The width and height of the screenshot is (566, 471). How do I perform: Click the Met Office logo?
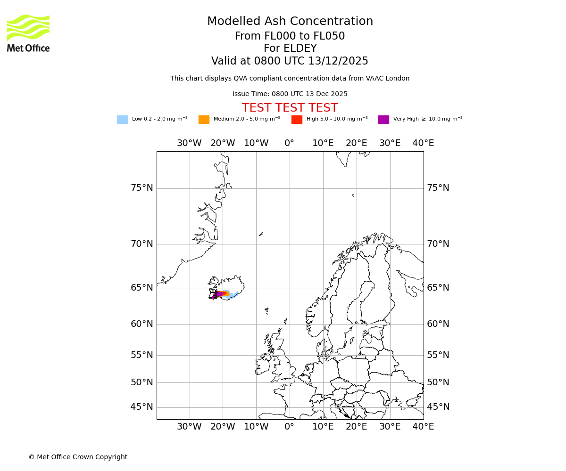point(28,33)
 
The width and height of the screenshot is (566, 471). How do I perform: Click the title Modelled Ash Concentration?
point(290,22)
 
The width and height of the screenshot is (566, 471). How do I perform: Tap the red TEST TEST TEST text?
point(290,108)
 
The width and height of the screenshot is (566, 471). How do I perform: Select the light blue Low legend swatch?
point(122,120)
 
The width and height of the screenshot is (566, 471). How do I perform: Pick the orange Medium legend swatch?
point(204,120)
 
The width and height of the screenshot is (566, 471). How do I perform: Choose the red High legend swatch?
point(297,120)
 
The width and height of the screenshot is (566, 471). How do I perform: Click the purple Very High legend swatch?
point(383,120)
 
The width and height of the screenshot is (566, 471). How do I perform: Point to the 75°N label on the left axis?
point(141,188)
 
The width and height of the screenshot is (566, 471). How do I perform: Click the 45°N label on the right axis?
point(438,407)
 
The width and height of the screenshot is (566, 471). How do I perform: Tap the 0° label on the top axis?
point(290,143)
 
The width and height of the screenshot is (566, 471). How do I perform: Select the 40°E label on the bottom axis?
point(423,427)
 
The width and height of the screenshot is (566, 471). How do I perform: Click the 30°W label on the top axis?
point(189,143)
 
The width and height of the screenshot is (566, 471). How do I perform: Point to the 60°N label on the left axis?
point(141,324)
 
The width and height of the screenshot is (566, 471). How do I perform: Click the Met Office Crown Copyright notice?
point(78,457)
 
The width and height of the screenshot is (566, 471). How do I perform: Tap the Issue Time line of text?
point(290,94)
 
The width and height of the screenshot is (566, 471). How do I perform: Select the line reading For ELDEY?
point(290,49)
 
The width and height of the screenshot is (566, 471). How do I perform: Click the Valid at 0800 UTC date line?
point(290,61)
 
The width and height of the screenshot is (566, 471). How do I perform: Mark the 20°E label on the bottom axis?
point(356,427)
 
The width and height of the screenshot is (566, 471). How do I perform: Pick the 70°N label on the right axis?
point(438,244)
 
